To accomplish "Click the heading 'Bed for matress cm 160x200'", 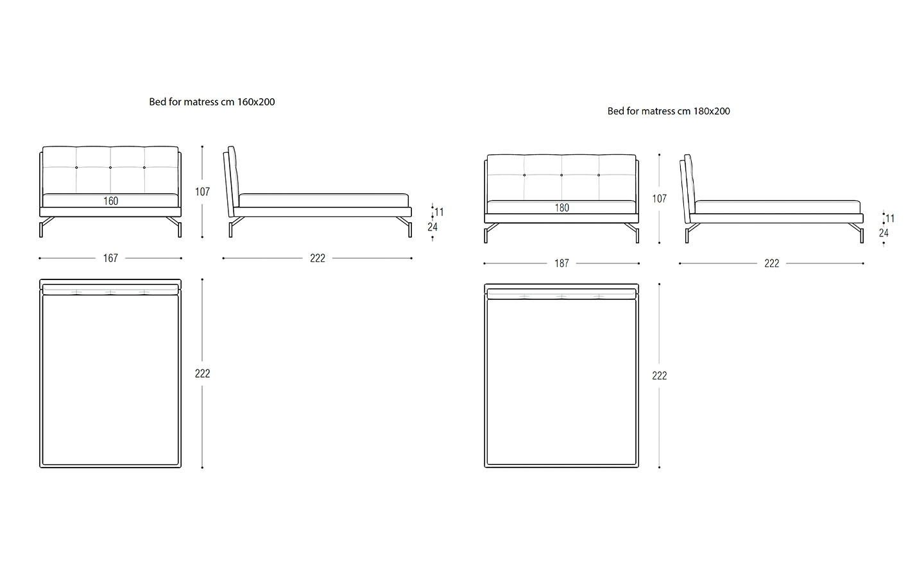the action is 212,102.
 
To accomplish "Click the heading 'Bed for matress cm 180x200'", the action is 669,111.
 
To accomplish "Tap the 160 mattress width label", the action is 110,201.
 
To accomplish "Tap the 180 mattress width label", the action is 562,207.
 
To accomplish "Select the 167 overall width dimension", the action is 110,258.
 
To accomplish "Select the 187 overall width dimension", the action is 562,263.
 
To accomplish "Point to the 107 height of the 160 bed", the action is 203,191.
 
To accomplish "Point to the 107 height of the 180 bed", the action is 659,198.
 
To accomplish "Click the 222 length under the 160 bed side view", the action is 318,258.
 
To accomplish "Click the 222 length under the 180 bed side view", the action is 772,263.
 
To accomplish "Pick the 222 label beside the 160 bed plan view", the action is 203,373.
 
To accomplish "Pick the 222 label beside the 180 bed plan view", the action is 659,375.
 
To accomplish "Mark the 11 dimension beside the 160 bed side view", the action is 439,212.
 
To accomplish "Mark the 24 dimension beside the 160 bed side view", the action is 432,227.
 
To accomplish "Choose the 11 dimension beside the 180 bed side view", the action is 890,218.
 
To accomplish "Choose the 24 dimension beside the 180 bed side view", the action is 884,233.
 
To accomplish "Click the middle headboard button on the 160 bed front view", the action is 110,167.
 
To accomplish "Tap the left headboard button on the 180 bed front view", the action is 524,175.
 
